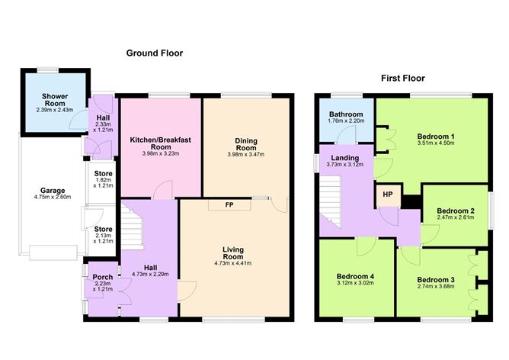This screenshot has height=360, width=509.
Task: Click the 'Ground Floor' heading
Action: [155, 53]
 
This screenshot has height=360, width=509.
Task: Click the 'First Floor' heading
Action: [403, 79]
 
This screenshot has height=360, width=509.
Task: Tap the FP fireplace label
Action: [230, 205]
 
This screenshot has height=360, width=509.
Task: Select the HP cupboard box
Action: [388, 194]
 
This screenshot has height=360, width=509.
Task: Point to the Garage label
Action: [53, 191]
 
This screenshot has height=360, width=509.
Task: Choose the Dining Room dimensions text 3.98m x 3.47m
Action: [245, 155]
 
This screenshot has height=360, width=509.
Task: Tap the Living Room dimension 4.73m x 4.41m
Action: [233, 264]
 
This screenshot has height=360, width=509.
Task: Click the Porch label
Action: [103, 277]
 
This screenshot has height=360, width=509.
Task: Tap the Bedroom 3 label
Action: [436, 278]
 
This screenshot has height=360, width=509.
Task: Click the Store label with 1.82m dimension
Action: [102, 174]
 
